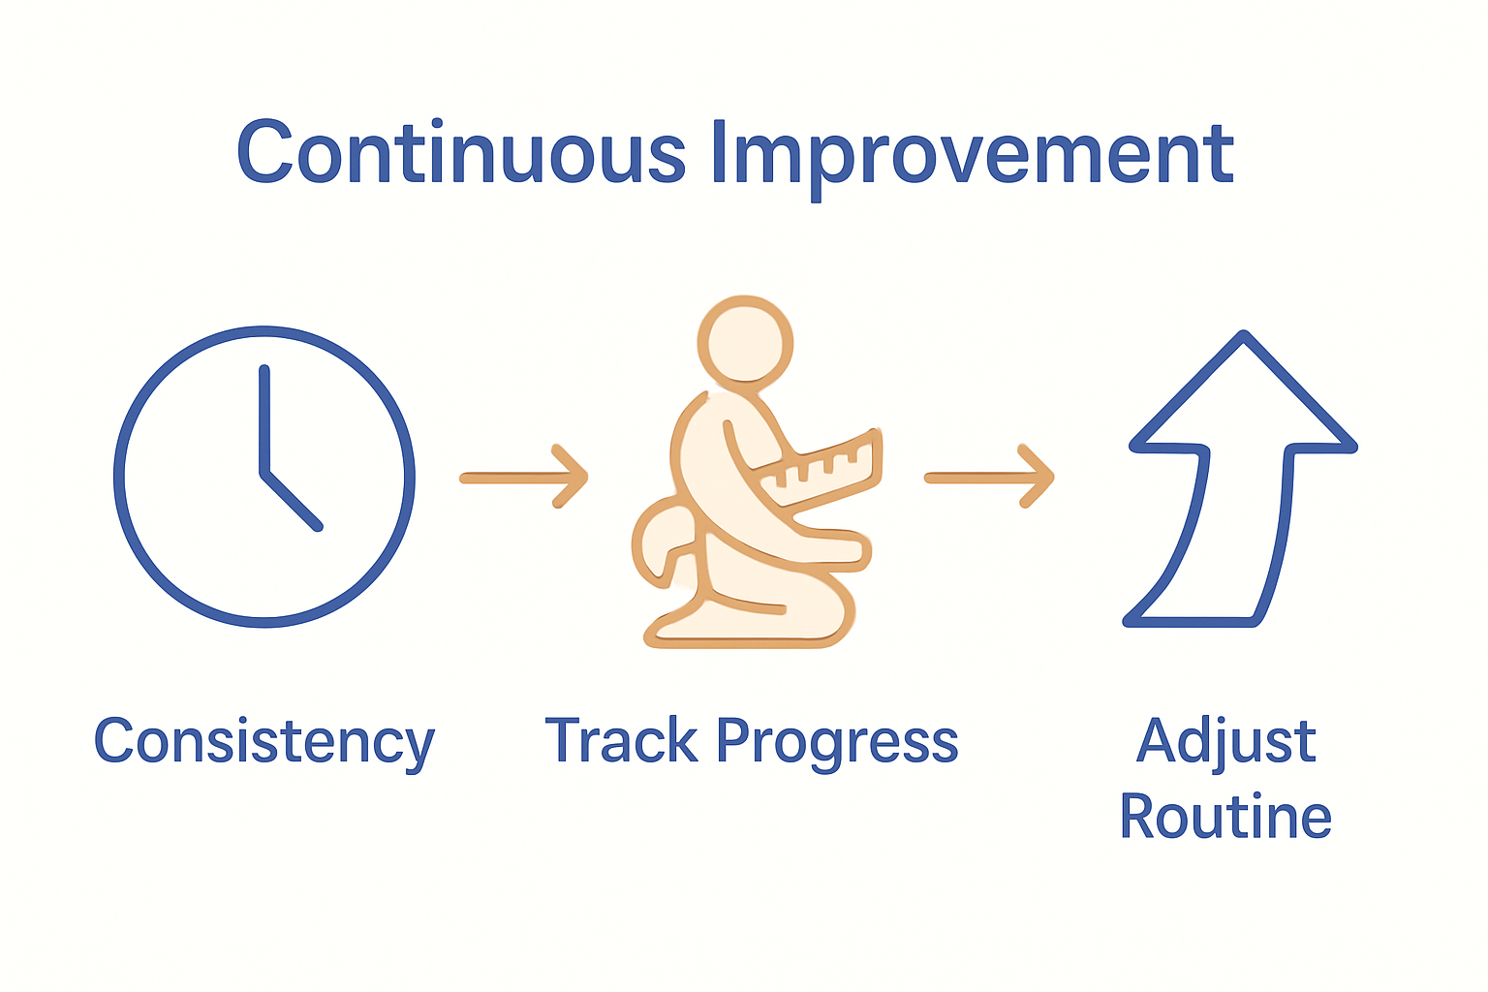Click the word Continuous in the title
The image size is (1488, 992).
coord(461,153)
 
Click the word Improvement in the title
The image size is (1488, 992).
coord(972,155)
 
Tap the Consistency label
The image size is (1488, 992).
coord(263,742)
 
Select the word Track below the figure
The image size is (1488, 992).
coord(620,741)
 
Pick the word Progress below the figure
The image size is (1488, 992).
coord(837,744)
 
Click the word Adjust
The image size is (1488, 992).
coord(1225,742)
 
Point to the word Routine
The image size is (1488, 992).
coord(1225,817)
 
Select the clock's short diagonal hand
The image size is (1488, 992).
coord(292,501)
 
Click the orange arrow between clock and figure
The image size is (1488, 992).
coord(524,477)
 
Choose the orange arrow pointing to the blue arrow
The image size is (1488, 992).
coord(989,477)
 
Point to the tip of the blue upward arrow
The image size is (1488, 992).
coord(1244,339)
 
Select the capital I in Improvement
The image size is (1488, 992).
coord(719,153)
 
